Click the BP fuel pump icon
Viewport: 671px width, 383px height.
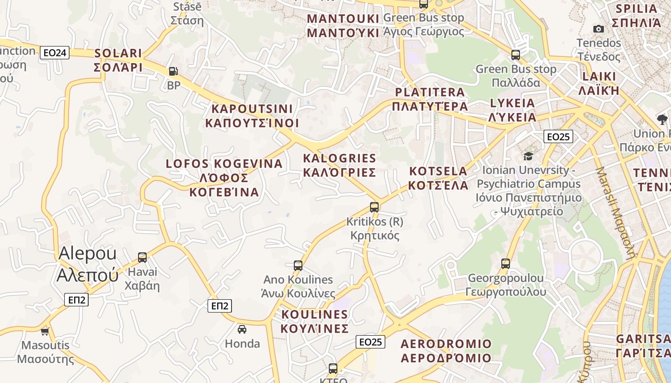[x=173, y=71]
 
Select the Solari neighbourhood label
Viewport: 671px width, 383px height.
[x=118, y=60]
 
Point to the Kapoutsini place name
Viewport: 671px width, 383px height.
[x=252, y=116]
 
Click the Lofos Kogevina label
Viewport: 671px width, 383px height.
[x=224, y=178]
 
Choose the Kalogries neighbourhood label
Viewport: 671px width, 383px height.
[x=340, y=165]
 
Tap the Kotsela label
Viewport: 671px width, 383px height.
[x=438, y=178]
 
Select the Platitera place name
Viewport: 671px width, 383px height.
[x=430, y=99]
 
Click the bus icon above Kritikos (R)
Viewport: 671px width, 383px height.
[x=374, y=207]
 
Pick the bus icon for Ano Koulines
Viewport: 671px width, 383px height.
[x=298, y=265]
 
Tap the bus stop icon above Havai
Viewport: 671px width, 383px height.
[x=142, y=258]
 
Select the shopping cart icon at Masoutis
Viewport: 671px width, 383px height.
[x=45, y=331]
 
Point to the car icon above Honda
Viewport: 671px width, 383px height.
[x=242, y=329]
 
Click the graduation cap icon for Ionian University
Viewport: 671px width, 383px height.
[x=528, y=156]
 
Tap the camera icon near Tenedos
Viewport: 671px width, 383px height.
[x=598, y=29]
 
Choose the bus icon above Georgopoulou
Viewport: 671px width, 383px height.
[x=506, y=263]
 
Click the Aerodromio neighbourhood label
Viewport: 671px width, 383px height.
[x=446, y=351]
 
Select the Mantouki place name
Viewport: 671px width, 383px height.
[x=343, y=26]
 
